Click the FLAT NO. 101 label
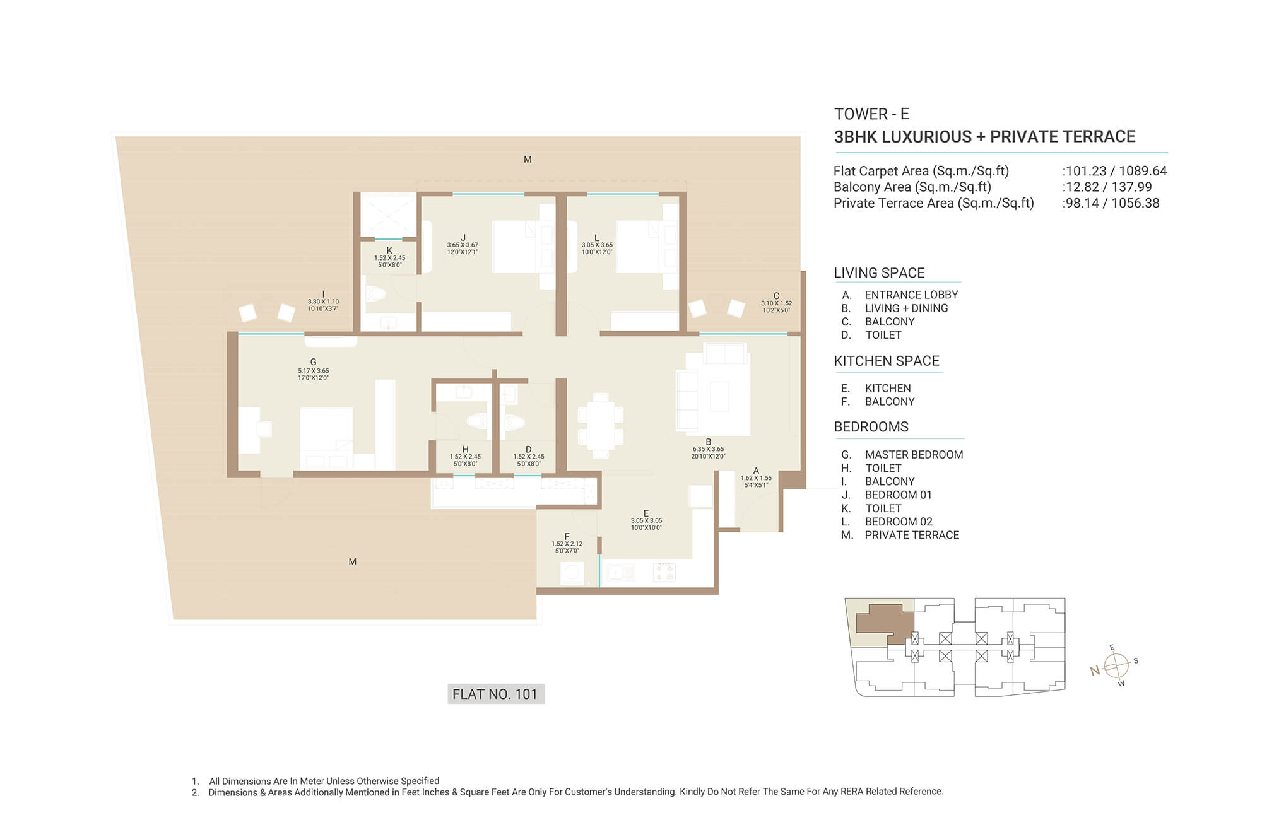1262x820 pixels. (x=495, y=694)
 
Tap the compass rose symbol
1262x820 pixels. (x=1116, y=665)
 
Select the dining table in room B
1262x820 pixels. (x=601, y=426)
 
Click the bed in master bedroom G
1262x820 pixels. (x=326, y=439)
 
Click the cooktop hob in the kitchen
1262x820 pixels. (x=664, y=572)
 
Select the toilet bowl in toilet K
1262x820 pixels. (x=376, y=294)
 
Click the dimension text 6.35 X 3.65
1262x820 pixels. (x=708, y=450)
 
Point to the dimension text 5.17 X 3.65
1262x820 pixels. (x=314, y=371)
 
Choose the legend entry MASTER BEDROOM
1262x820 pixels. (x=914, y=455)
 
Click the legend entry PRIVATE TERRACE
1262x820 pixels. (x=912, y=536)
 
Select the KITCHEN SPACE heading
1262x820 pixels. (x=887, y=361)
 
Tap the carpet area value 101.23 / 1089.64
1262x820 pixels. (x=1116, y=171)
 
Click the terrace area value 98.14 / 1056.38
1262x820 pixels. (x=1112, y=203)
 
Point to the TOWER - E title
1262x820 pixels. (x=871, y=114)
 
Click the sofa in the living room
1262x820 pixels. (x=686, y=400)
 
